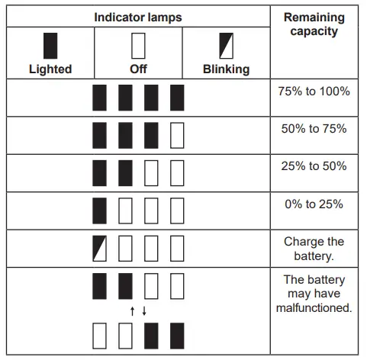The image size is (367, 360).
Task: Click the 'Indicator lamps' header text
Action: point(138,16)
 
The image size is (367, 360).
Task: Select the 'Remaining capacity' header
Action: point(314,24)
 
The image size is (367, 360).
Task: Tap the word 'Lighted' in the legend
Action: point(50,69)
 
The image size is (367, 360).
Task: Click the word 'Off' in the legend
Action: point(138,69)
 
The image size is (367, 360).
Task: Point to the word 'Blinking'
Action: point(226,69)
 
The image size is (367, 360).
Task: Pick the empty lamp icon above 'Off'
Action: point(138,46)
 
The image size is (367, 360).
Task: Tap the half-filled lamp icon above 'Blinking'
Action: point(226,46)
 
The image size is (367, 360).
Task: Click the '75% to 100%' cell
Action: point(314,92)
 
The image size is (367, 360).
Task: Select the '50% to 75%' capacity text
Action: point(314,129)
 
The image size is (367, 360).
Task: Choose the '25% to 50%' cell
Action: point(314,166)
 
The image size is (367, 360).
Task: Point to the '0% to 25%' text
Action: point(314,204)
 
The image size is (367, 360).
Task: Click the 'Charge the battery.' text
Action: point(314,249)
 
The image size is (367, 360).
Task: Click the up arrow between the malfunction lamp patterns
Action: point(132,310)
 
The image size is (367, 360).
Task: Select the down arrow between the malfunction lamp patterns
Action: point(144,310)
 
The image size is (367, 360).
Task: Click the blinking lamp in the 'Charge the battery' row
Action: point(100,248)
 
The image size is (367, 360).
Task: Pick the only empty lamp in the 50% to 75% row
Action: point(177,135)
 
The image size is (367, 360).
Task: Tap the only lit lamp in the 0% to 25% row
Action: point(100,211)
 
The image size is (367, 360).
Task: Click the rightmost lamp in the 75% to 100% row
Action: point(177,98)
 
